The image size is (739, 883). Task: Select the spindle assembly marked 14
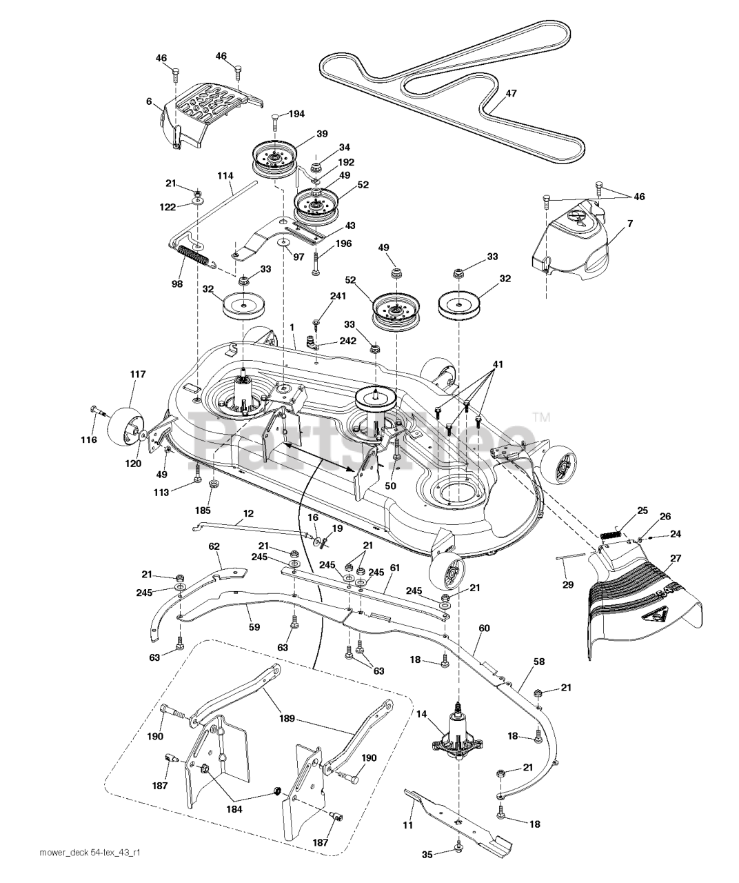click(457, 735)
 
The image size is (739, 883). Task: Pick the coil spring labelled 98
click(192, 257)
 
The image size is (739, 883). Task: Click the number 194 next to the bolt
click(296, 115)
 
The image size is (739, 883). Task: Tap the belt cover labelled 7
click(569, 241)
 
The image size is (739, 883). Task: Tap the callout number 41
click(498, 364)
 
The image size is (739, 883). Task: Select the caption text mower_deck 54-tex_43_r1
click(90, 863)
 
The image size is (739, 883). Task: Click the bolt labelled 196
click(315, 263)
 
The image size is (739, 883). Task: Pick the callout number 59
click(254, 627)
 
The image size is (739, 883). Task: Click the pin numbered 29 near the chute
click(570, 556)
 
